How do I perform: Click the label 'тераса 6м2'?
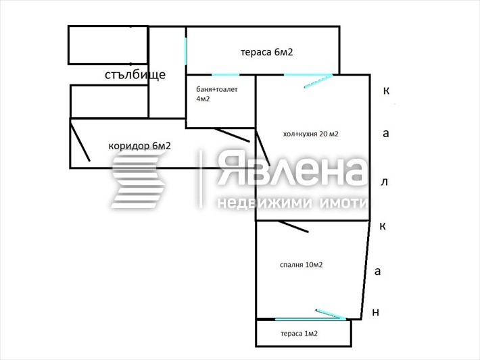click(x=266, y=53)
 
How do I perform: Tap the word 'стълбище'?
click(x=135, y=74)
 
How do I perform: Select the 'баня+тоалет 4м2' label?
click(x=216, y=94)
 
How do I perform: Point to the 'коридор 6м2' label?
click(x=139, y=145)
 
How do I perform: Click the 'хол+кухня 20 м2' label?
click(x=310, y=134)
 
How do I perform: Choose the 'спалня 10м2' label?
click(x=301, y=265)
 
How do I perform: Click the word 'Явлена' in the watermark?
click(x=291, y=171)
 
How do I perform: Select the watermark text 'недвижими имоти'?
click(x=291, y=203)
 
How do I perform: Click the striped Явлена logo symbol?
click(x=139, y=180)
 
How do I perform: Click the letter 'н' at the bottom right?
click(x=376, y=312)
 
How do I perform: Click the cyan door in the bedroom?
click(x=331, y=314)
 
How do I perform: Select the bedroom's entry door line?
click(x=291, y=227)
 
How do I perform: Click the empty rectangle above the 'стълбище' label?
click(x=107, y=45)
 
